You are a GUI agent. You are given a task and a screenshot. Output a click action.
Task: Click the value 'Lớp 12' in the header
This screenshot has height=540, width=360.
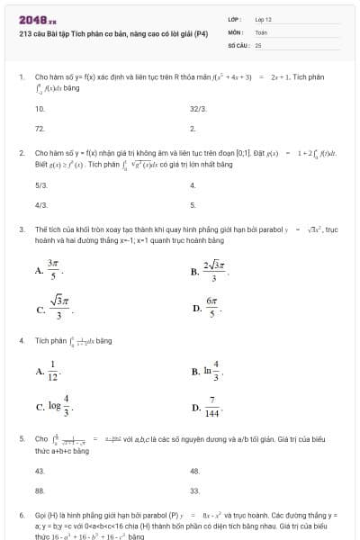(264, 19)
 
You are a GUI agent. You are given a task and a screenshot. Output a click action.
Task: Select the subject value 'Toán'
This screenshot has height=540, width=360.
(261, 31)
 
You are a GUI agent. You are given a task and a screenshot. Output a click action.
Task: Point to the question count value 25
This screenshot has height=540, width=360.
(258, 43)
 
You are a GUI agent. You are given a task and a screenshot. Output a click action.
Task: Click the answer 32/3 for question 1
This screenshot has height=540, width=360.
(198, 108)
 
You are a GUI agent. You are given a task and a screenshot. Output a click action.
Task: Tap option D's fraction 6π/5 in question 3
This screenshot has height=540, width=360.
(212, 309)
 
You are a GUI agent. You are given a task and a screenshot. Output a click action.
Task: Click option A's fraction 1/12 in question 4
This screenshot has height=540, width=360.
(52, 370)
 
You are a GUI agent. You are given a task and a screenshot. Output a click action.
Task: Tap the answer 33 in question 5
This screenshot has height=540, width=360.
(194, 491)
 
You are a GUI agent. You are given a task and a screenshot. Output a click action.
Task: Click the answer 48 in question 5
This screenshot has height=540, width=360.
(194, 471)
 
